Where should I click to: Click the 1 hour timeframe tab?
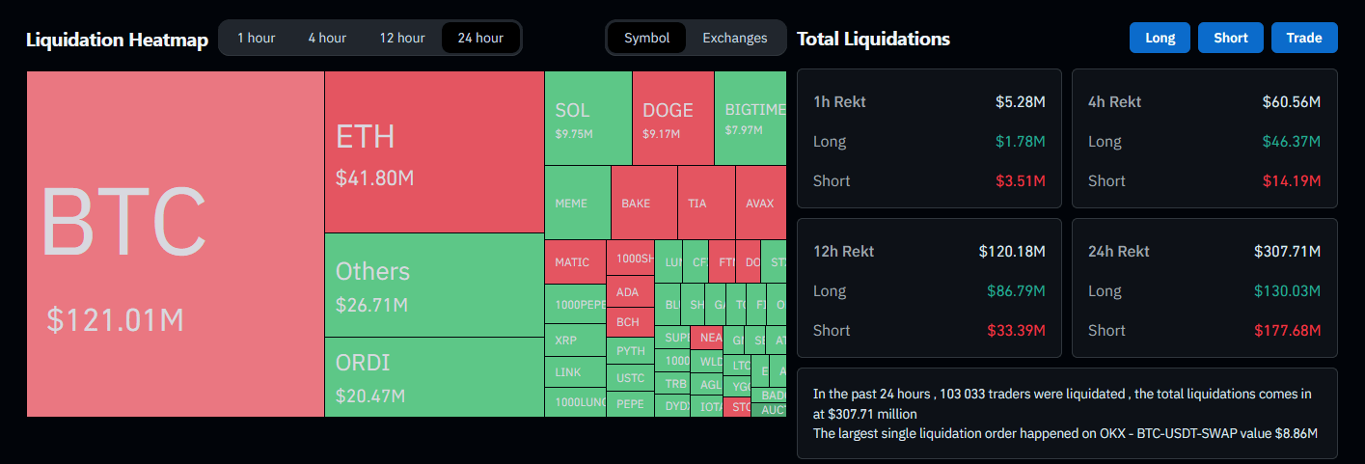coord(256,39)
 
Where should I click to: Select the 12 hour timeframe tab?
coord(401,39)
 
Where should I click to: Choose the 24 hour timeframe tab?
coord(480,39)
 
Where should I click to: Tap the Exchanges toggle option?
coord(734,39)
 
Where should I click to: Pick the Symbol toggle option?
coord(646,39)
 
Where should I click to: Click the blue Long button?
coord(1160,39)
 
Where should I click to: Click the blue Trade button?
coord(1303,39)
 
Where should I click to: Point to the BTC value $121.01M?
coord(115,320)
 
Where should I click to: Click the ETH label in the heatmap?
coord(365,137)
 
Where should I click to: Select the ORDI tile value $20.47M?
coord(369,396)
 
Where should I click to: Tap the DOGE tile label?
coord(668,111)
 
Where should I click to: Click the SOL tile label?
coord(572,111)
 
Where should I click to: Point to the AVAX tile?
coord(759,204)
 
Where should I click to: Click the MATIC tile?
coord(572,262)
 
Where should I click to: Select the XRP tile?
coord(566,341)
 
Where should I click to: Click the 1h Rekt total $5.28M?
coord(1021,101)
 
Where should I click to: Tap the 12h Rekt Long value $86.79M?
coord(1016,290)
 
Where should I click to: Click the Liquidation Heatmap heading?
coord(117,40)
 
